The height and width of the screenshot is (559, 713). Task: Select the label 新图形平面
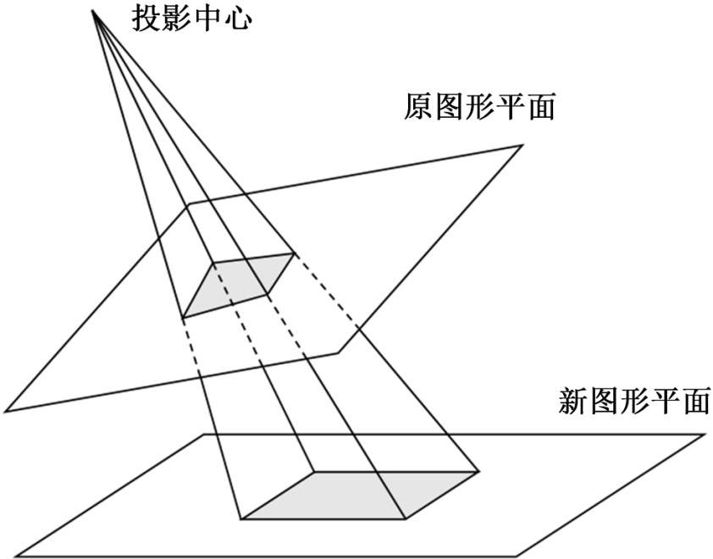pyautogui.click(x=634, y=401)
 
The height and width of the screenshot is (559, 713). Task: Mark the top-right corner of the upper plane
pyautogui.click(x=521, y=147)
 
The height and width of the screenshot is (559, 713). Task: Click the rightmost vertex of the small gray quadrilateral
pyautogui.click(x=294, y=252)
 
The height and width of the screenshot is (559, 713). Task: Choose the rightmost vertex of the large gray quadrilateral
pyautogui.click(x=479, y=471)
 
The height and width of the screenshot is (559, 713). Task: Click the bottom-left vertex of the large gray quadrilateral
pyautogui.click(x=240, y=517)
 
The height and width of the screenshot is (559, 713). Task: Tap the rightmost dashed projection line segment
pyautogui.click(x=332, y=296)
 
